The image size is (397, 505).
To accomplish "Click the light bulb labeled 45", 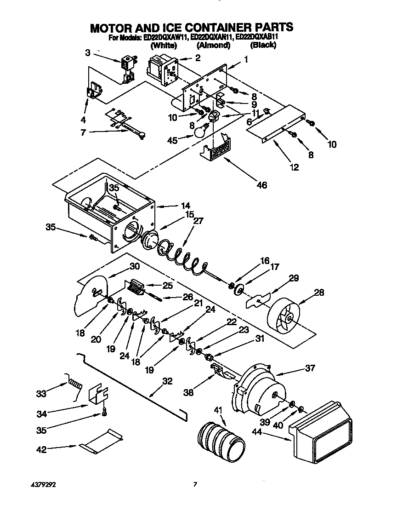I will (198, 132).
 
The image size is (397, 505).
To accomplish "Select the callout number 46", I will (262, 185).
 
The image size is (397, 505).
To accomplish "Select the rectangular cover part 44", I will (321, 432).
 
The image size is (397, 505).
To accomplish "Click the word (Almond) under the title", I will (213, 45).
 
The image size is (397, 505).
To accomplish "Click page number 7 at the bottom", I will (195, 484).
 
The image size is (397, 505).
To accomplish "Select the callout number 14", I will (185, 206).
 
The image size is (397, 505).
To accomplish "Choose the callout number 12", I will (294, 167).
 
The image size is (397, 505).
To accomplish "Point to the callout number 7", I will (84, 133).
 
